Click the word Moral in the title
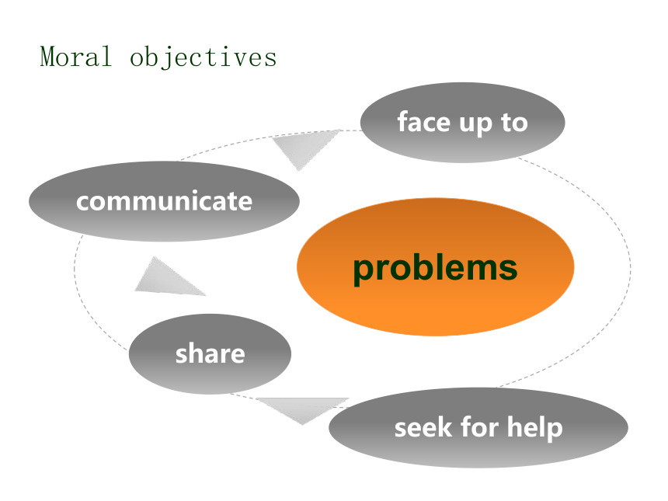click(76, 57)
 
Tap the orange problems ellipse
click(436, 266)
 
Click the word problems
click(436, 269)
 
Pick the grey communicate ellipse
click(164, 201)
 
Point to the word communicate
click(164, 201)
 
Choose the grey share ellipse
click(210, 353)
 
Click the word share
click(210, 353)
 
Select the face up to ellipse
click(463, 122)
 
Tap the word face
click(423, 122)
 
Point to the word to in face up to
click(514, 123)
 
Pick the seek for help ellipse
click(478, 427)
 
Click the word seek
click(423, 428)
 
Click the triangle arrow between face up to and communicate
click(304, 147)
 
